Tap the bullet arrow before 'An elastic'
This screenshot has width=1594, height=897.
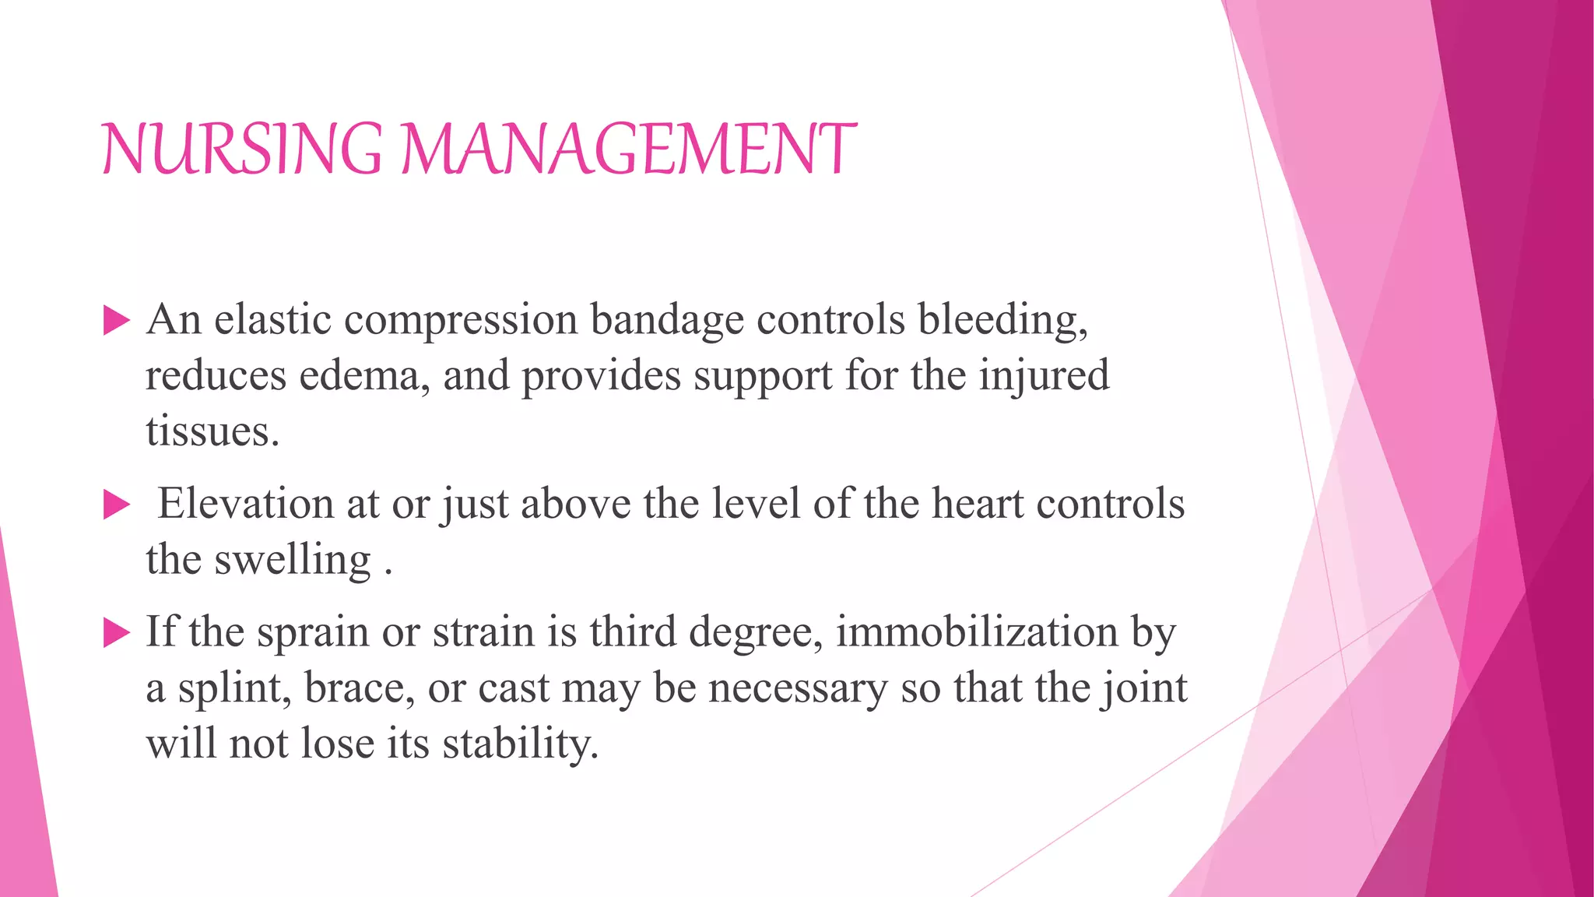click(x=116, y=320)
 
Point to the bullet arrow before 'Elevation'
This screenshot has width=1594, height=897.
click(x=116, y=505)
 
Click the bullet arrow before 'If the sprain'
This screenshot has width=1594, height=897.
click(x=116, y=633)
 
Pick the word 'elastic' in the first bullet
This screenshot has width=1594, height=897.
click(x=272, y=319)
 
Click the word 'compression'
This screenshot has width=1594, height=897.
click(x=461, y=321)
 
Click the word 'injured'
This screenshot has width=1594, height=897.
click(x=1044, y=377)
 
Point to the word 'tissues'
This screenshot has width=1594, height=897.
click(x=209, y=431)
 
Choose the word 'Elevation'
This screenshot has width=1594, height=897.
click(x=246, y=503)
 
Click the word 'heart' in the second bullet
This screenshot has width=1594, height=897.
click(x=978, y=503)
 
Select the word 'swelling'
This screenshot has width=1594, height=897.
click(x=293, y=561)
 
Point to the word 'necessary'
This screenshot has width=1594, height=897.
click(x=798, y=688)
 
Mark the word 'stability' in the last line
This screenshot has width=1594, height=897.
click(x=518, y=744)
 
